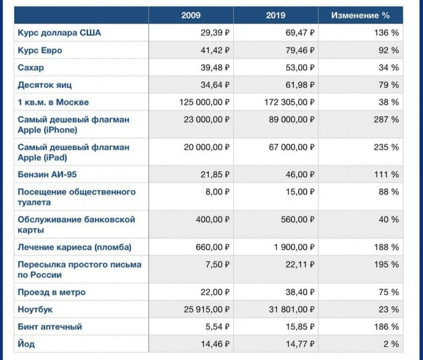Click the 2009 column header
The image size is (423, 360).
coord(191,15)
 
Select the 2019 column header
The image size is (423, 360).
coord(276,15)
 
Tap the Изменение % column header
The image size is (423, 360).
coord(361,15)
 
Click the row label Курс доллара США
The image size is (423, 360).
coord(59,33)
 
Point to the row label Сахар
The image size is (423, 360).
coord(31,67)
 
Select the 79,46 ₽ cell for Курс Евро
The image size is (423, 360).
coord(300,50)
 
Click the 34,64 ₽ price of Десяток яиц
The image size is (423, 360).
coord(215,85)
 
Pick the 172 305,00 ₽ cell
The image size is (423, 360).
coord(289,102)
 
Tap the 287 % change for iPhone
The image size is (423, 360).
coord(386,120)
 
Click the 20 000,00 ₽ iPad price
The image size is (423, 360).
coord(207,147)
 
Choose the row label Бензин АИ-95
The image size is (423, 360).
coord(47,174)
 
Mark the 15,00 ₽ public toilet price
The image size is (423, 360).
coord(300,192)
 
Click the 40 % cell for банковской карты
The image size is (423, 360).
coord(389,219)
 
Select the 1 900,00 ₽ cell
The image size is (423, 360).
coord(295,247)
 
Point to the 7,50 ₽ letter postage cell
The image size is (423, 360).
coord(218,264)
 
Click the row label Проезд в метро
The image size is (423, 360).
coord(52,292)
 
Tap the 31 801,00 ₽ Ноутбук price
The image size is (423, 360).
coord(292,309)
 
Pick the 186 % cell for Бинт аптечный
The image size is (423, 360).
coord(386,327)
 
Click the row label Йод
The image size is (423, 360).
coord(26,344)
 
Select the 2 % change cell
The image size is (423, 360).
coord(391,344)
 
